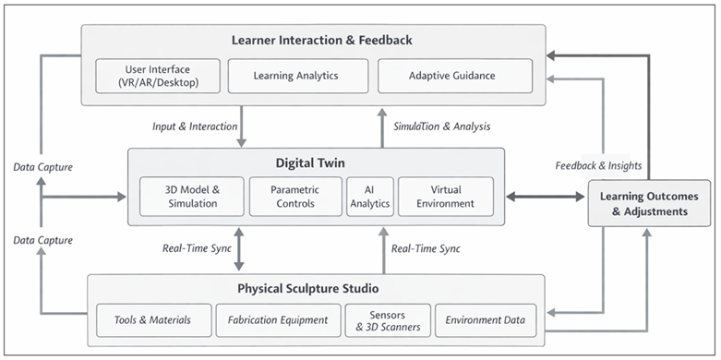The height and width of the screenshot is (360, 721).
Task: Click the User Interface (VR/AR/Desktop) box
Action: click(158, 77)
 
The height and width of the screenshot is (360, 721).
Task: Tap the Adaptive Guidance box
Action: click(454, 77)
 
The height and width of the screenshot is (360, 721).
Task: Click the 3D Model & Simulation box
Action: click(191, 196)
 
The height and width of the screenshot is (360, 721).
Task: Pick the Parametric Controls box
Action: click(295, 196)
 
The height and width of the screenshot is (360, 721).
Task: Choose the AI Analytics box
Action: click(369, 196)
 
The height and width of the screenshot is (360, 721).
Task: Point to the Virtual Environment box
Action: click(446, 196)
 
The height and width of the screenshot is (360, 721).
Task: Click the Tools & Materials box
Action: click(152, 320)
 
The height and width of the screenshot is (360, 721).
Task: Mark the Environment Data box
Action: click(484, 320)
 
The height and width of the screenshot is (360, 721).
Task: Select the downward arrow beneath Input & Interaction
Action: click(242, 135)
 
